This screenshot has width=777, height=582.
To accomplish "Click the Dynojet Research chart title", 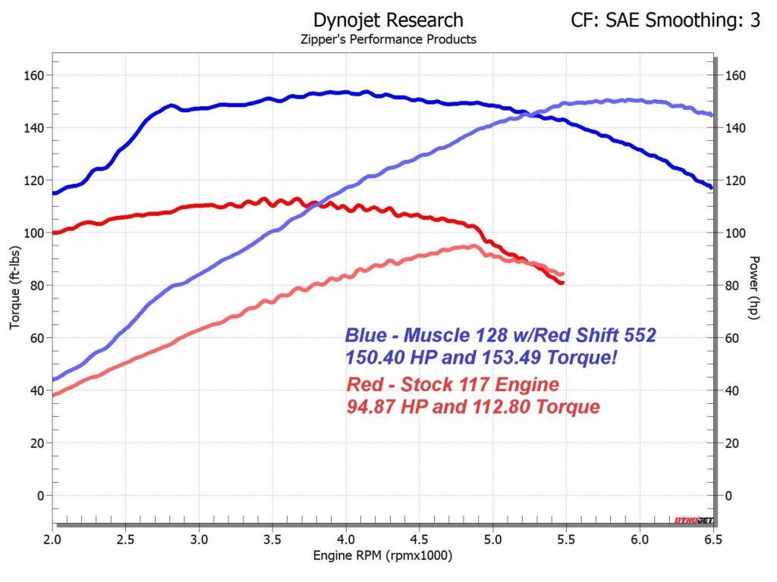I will coord(388,20).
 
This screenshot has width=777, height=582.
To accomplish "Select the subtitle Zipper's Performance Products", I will coord(388,39).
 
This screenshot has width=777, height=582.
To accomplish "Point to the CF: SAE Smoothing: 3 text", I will coord(665,20).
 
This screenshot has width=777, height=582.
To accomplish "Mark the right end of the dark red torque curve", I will coord(562,283).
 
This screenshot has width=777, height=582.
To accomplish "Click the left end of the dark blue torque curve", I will coord(53,193).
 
